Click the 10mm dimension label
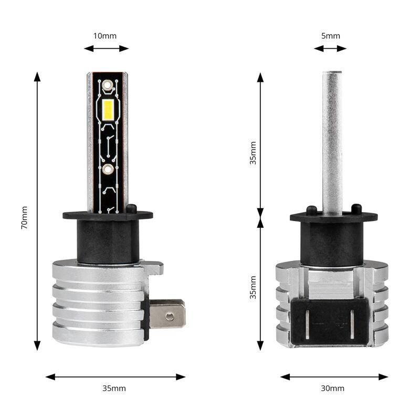105,36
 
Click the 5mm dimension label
331,36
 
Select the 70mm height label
24,217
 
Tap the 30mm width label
333,388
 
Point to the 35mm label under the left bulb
114,388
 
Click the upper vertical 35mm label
253,153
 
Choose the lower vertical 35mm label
253,287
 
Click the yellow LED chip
108,110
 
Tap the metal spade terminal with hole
167,313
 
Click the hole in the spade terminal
169,317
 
